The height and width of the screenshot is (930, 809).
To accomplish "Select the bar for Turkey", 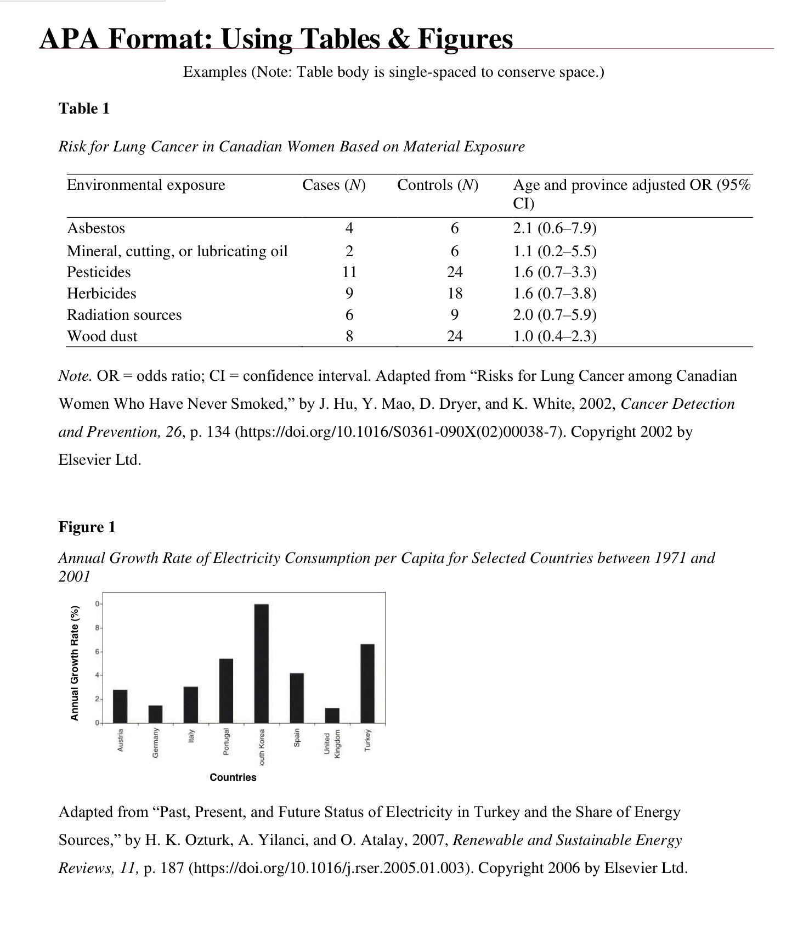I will click(367, 683).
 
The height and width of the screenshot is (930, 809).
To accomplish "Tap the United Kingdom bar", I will click(332, 715).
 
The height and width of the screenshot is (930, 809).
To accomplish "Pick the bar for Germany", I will click(155, 714).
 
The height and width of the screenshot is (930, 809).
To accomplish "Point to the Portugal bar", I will click(226, 690).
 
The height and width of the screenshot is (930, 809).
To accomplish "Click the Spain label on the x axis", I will click(297, 737).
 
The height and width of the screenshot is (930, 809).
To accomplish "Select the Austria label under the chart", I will click(120, 739).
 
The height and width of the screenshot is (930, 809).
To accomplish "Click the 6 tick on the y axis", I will click(97, 651).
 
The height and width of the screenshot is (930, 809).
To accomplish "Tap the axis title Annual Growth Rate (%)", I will click(75, 663).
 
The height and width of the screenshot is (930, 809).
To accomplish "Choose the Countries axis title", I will click(233, 777).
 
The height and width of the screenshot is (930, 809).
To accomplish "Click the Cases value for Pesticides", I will click(349, 272).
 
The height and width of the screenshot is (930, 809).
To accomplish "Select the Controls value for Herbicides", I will click(455, 294).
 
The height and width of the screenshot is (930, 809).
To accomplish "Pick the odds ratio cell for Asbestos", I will click(555, 228).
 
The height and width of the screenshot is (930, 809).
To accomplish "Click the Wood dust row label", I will click(102, 336).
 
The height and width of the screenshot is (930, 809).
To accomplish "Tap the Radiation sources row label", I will click(124, 315).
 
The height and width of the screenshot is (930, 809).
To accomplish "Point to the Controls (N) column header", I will click(437, 185).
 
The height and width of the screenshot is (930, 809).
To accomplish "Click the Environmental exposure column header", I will click(146, 185).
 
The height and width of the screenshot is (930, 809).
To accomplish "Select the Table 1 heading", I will click(84, 109).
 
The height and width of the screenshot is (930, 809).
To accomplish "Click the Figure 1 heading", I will click(87, 527).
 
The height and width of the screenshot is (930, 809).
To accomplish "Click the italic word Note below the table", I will click(75, 376).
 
